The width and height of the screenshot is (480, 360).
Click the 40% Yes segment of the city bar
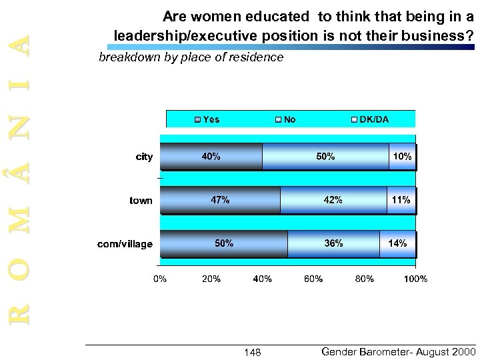(211, 157)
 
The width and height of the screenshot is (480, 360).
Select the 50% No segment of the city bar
(325, 157)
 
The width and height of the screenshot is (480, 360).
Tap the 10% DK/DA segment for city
(403, 157)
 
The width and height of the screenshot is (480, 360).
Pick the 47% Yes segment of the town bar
(220, 200)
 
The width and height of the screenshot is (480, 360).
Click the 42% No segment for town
(333, 200)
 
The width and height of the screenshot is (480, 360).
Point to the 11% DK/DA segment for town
(401, 200)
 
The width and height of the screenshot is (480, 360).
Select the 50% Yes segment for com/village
(224, 243)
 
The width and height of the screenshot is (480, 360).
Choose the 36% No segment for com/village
(333, 243)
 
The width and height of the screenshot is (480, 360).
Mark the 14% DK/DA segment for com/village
(398, 243)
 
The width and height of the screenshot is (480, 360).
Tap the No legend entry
(285, 119)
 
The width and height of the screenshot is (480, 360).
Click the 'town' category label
(141, 201)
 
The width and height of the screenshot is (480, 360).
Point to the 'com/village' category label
(125, 244)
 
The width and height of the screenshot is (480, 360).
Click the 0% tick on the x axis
(161, 279)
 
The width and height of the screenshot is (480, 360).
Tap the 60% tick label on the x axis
(313, 279)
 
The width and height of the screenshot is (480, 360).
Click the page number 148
(253, 352)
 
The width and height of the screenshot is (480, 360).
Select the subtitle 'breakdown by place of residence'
(191, 58)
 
